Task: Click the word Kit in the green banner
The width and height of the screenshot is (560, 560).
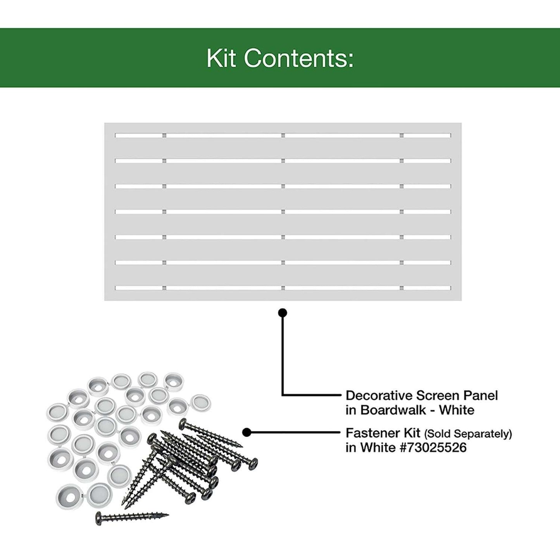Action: [221, 59]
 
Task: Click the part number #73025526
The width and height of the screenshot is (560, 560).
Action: [433, 448]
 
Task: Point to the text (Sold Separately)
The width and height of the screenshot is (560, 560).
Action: [468, 434]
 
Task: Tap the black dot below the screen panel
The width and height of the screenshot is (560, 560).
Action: [283, 313]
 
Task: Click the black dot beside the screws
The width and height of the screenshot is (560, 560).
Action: [247, 432]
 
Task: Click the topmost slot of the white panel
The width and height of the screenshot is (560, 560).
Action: [283, 135]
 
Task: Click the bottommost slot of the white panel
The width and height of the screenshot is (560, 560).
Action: [283, 288]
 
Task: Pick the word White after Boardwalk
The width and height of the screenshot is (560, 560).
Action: [457, 410]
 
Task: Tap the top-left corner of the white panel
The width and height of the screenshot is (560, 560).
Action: [105, 123]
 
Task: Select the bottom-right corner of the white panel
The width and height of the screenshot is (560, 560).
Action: [462, 300]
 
